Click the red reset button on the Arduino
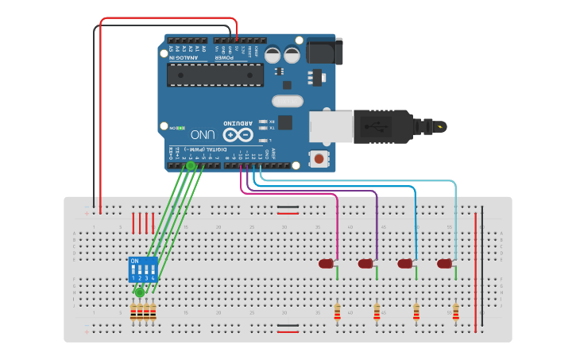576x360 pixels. pyautogui.click(x=319, y=158)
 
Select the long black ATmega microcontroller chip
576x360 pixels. pyautogui.click(x=215, y=75)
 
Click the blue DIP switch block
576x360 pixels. pyautogui.click(x=143, y=269)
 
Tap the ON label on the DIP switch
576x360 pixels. pyautogui.click(x=134, y=261)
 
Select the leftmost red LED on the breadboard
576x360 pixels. pyautogui.click(x=327, y=264)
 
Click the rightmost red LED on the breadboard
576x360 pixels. pyautogui.click(x=444, y=264)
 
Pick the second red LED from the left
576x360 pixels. pyautogui.click(x=365, y=264)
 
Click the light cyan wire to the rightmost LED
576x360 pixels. pyautogui.click(x=358, y=181)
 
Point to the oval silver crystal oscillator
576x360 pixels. pyautogui.click(x=287, y=101)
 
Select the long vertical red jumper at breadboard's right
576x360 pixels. pyautogui.click(x=476, y=262)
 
